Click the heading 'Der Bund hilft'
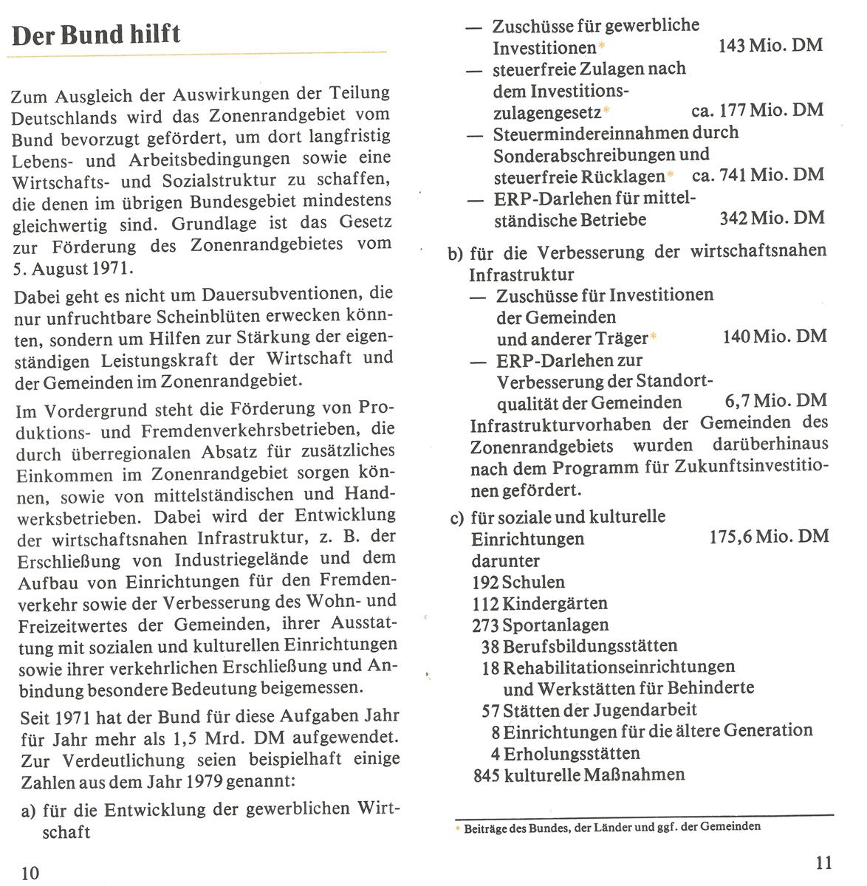[97, 35]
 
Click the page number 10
[30, 873]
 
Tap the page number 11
[825, 862]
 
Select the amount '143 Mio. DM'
[770, 46]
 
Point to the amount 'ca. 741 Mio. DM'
[758, 176]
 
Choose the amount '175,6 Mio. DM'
[769, 537]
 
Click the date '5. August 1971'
[73, 267]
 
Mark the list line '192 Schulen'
[518, 582]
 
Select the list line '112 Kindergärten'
[539, 604]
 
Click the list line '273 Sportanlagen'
[540, 625]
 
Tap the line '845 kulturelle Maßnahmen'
[578, 775]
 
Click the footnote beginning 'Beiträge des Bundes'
[611, 826]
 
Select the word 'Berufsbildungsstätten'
[589, 647]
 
